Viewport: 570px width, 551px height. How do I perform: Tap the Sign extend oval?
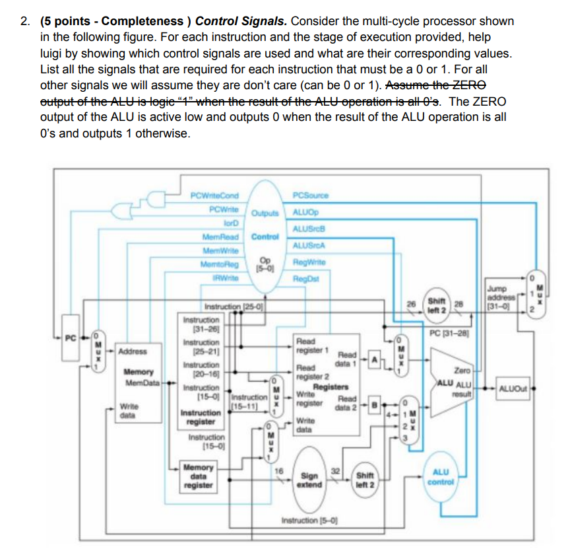point(309,479)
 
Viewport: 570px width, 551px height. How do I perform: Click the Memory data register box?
point(198,476)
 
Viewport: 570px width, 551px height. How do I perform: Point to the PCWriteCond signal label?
point(214,195)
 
